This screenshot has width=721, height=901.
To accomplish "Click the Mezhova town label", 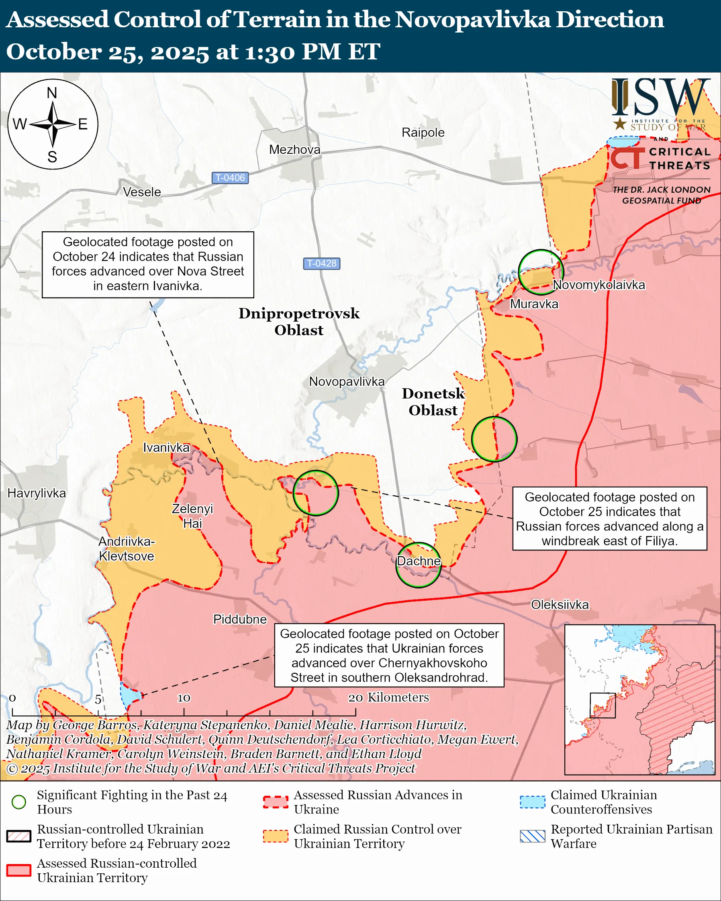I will click(x=295, y=150).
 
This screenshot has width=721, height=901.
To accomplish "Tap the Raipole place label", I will click(x=423, y=132).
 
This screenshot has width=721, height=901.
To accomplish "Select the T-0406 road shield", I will click(x=230, y=177).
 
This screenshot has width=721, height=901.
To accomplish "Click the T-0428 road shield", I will click(x=321, y=263).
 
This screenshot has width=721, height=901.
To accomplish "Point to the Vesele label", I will click(x=142, y=192).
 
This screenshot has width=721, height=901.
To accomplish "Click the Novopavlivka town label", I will click(x=347, y=381).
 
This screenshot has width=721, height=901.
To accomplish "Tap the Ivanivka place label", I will click(x=166, y=448).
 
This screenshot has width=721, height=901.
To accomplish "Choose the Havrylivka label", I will click(x=37, y=493).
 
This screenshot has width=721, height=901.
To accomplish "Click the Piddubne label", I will click(x=239, y=619).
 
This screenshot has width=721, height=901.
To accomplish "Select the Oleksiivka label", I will click(x=560, y=605).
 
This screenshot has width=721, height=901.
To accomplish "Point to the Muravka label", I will click(x=534, y=304).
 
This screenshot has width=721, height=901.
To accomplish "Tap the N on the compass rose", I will click(x=52, y=93).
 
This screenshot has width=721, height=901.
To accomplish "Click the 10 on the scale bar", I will click(x=184, y=698).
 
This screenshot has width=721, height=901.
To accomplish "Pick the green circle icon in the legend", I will click(x=19, y=802).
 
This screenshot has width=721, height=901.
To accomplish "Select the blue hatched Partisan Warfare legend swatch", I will click(x=533, y=836).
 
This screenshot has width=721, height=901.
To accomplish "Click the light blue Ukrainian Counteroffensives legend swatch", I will click(x=533, y=802).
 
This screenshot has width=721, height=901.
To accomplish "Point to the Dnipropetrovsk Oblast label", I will click(x=299, y=321).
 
